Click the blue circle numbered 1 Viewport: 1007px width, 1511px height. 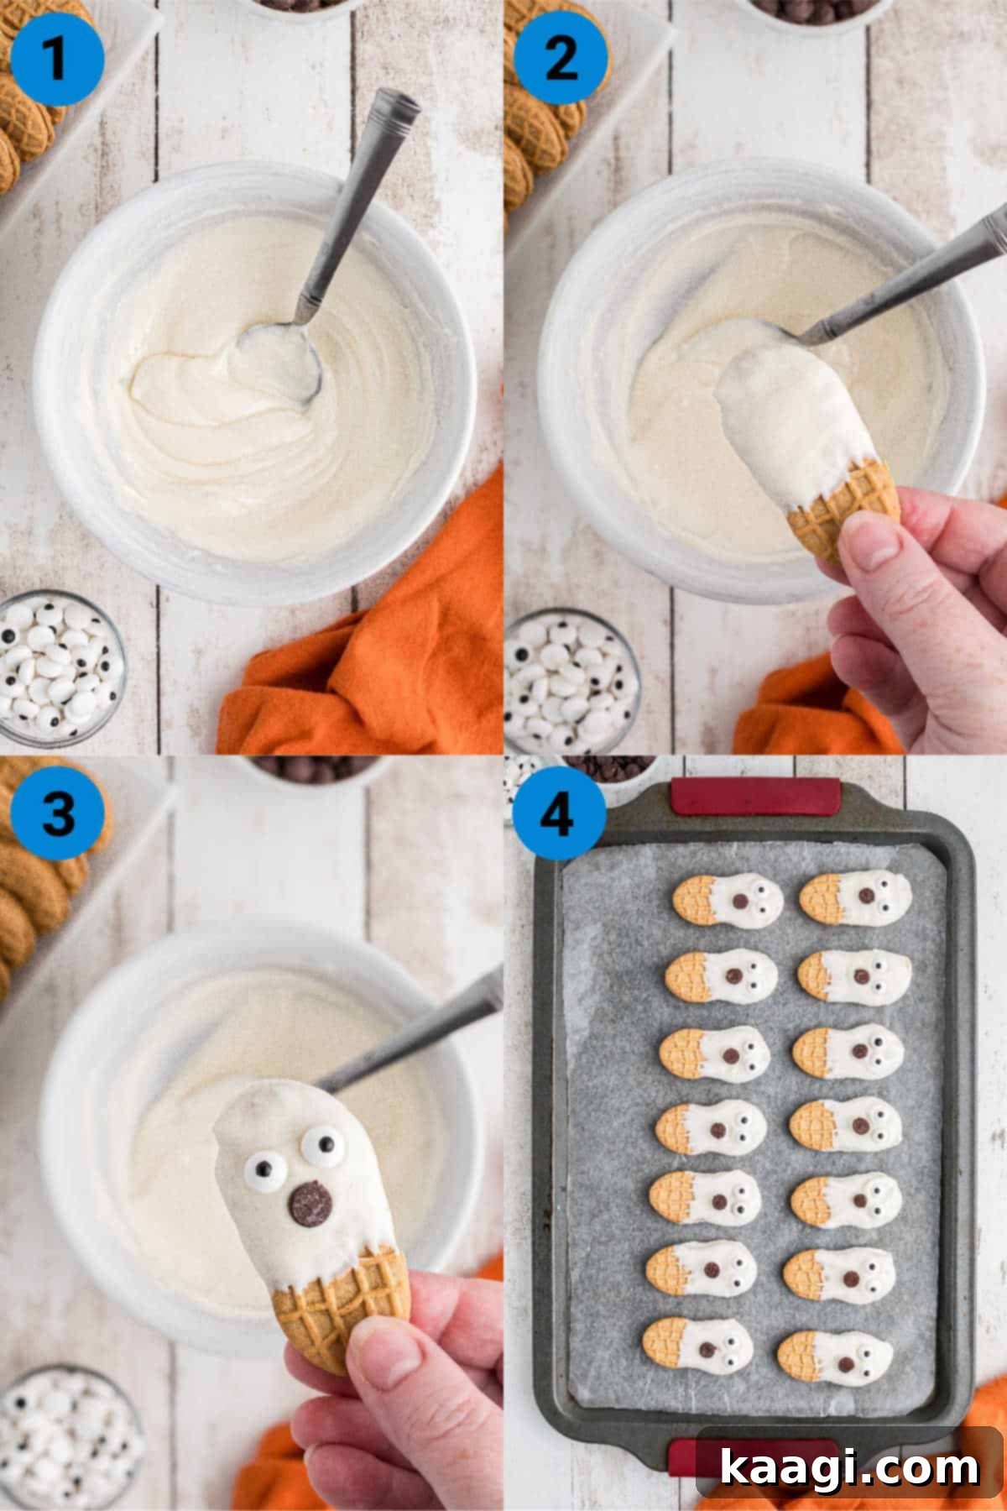[x=58, y=59]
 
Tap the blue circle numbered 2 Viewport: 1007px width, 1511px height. [x=560, y=59]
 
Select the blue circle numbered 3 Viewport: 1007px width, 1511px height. [x=58, y=812]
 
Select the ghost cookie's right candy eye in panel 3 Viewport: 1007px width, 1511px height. [x=323, y=1143]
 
